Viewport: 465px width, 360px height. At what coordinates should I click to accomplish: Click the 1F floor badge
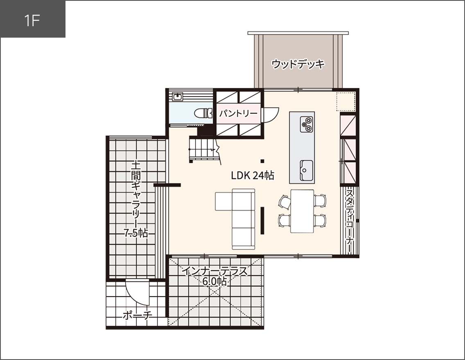tap(32, 20)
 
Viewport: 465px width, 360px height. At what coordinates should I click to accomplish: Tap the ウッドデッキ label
tap(298, 64)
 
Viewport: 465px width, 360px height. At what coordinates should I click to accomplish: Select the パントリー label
tap(238, 113)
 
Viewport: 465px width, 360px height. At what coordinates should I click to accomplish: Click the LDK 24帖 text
tap(253, 175)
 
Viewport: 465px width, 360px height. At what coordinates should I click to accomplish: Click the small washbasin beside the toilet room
tap(178, 97)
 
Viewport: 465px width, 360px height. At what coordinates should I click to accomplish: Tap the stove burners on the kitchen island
tap(307, 124)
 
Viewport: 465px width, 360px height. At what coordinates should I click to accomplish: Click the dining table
tap(302, 211)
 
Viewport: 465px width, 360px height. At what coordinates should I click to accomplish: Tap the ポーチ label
tap(137, 315)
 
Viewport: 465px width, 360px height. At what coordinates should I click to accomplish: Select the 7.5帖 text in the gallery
tap(136, 233)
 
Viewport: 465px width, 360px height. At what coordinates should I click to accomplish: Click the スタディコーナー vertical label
tap(350, 221)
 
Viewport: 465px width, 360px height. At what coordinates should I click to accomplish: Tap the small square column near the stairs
tap(262, 160)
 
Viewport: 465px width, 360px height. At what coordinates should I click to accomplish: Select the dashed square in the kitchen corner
tap(346, 101)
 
